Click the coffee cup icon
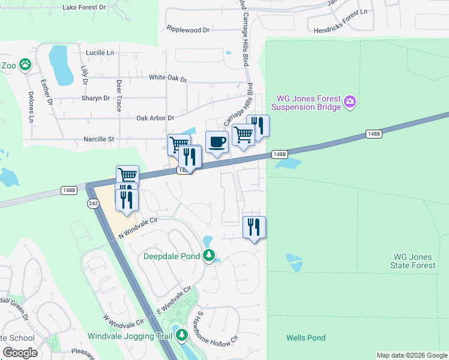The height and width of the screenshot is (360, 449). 217,142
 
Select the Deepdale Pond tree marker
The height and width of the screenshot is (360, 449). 208,256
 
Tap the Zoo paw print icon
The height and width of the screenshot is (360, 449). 25,65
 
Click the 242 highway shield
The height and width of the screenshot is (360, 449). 92,203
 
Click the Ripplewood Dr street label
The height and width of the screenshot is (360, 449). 188,29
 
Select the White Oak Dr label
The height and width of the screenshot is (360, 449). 168,79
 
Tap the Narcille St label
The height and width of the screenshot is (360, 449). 98,139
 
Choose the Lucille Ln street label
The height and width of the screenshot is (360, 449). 100,53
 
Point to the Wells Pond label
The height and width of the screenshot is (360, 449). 306,338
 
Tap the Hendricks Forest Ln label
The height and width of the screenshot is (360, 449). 339,27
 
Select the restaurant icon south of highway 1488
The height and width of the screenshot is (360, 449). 255,227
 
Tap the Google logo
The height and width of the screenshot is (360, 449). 20,353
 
